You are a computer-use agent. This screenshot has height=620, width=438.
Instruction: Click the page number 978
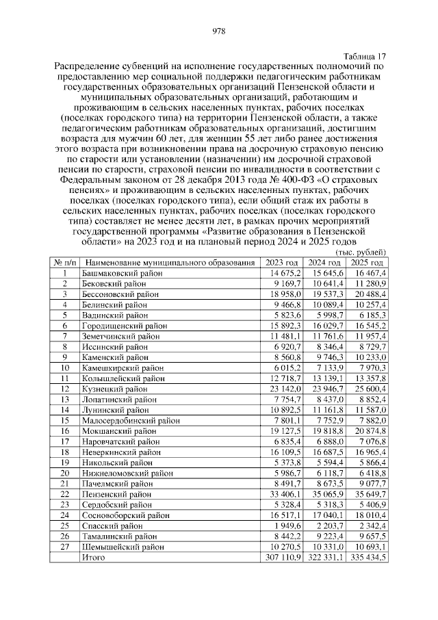click(x=219, y=31)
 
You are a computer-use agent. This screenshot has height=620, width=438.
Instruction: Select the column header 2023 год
click(x=283, y=263)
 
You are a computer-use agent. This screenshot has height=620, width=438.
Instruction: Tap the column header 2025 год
click(x=367, y=263)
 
